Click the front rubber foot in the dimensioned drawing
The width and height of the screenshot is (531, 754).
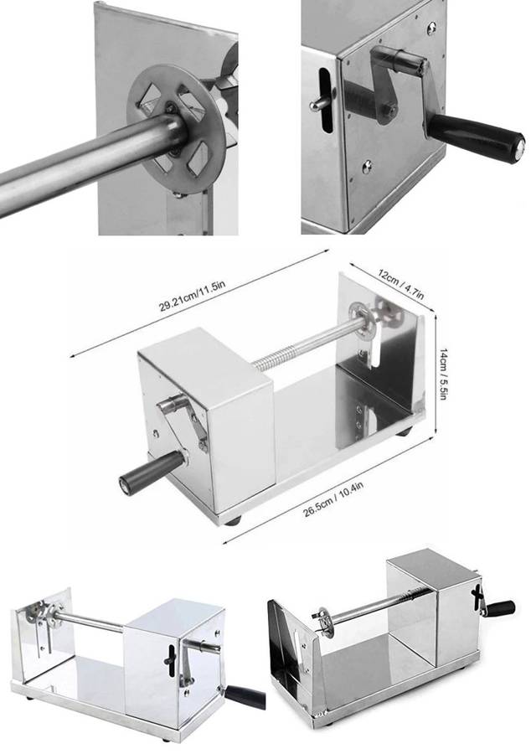234,520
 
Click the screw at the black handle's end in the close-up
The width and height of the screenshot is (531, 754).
519,149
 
